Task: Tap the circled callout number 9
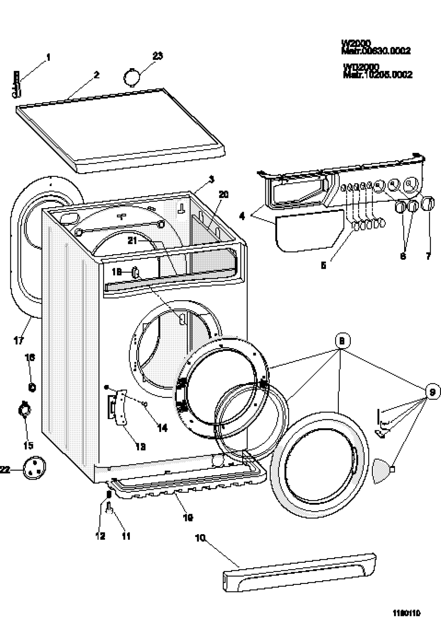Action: pyautogui.click(x=432, y=392)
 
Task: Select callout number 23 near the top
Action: pyautogui.click(x=158, y=56)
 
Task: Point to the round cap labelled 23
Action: pyautogui.click(x=132, y=76)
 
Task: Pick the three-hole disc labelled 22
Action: pyautogui.click(x=35, y=468)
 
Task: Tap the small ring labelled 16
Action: pyautogui.click(x=32, y=387)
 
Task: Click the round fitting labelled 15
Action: pyautogui.click(x=25, y=410)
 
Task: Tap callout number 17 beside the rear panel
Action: pyautogui.click(x=18, y=341)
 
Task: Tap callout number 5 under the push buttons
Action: pyautogui.click(x=323, y=265)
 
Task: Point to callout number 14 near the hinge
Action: pyautogui.click(x=162, y=428)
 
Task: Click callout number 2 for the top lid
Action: pyautogui.click(x=97, y=75)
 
